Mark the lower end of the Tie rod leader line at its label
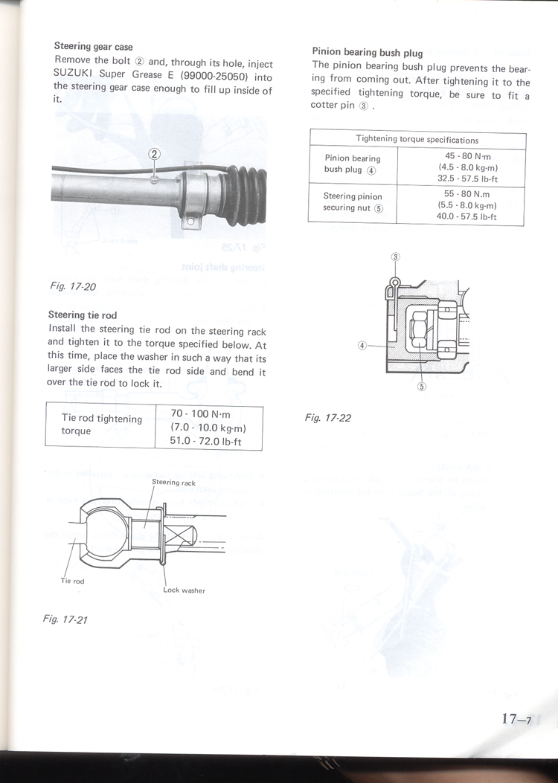click(65, 576)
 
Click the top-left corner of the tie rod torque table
click(46, 402)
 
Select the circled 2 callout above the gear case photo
click(154, 154)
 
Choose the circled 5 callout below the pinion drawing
click(422, 387)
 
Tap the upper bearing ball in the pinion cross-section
click(447, 309)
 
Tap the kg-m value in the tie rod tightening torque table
click(208, 428)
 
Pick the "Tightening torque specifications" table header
click(417, 140)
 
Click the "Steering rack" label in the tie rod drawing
click(174, 483)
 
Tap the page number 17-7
click(517, 718)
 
